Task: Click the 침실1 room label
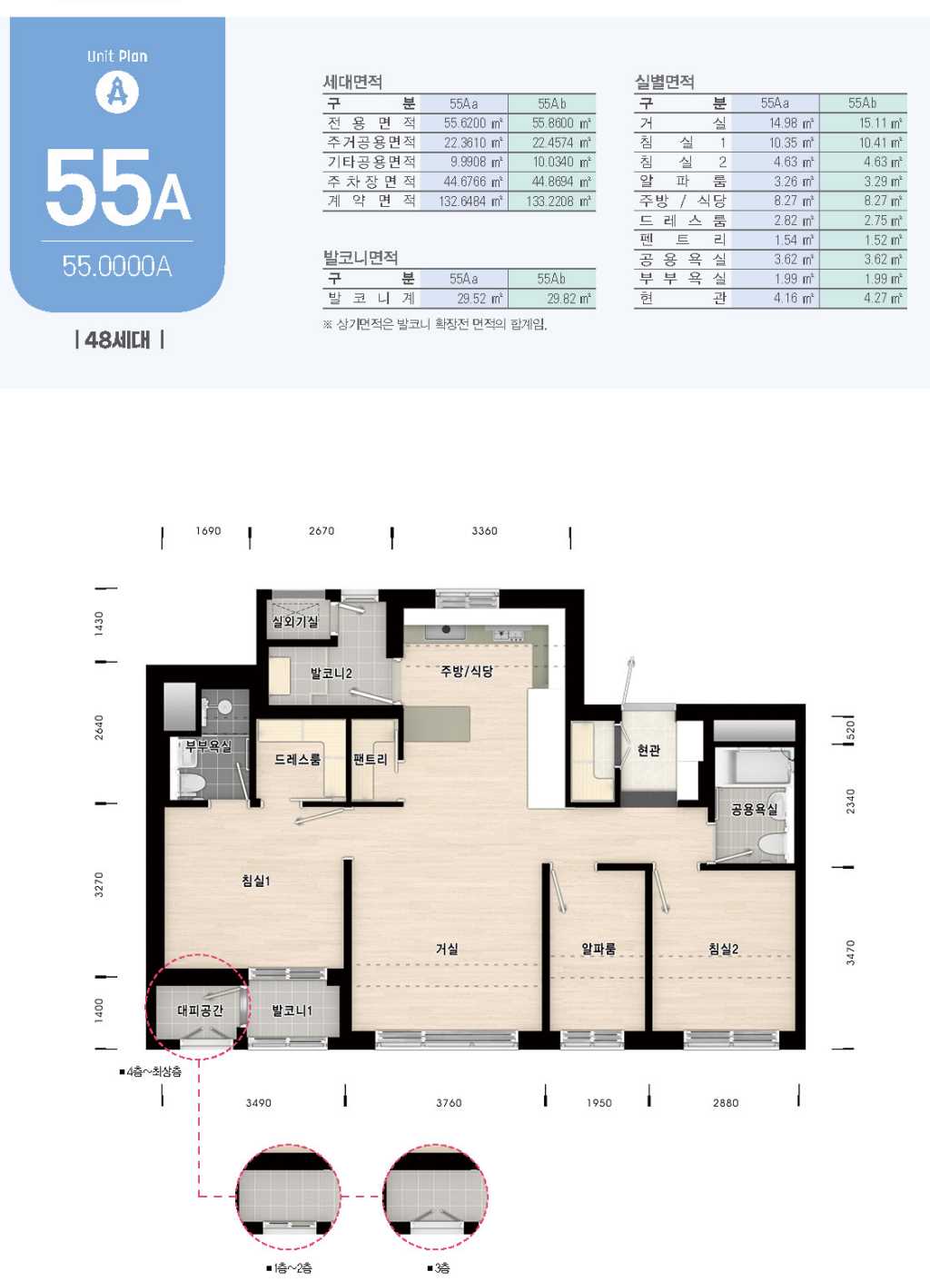[x=256, y=880]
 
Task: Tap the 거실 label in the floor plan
[x=447, y=949]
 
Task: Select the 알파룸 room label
[x=599, y=949]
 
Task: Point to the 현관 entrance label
[x=648, y=750]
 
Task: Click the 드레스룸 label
[x=297, y=760]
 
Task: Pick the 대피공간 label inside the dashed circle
[x=200, y=1010]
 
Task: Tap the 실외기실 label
[x=295, y=621]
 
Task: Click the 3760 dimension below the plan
[x=449, y=1103]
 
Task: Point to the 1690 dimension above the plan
[x=208, y=531]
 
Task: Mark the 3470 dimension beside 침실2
[x=850, y=952]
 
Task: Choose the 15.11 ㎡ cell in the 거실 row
[x=880, y=123]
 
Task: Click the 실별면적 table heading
[x=665, y=82]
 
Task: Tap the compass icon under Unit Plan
[x=116, y=92]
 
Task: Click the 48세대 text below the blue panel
[x=119, y=340]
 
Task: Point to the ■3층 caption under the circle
[x=439, y=1268]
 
